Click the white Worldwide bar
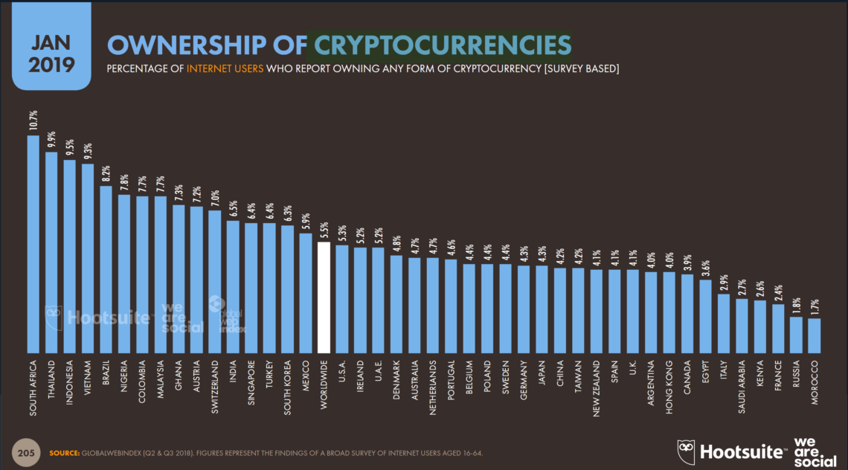[x=324, y=297]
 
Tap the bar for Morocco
[x=814, y=335]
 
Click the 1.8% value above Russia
[x=796, y=305]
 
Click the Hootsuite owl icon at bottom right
[x=686, y=451]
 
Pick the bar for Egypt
[x=705, y=316]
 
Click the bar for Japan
[x=542, y=309]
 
